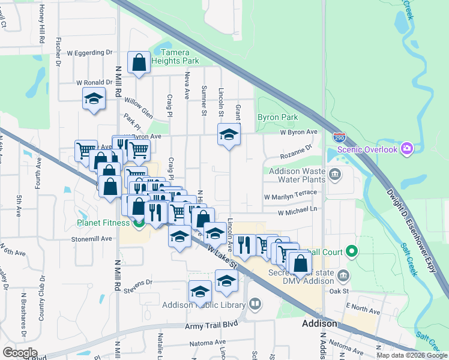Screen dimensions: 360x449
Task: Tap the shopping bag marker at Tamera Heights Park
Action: [139, 62]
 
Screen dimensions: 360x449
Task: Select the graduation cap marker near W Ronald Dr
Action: [94, 99]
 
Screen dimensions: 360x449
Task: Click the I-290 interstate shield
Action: [339, 137]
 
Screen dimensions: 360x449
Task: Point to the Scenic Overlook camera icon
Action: [408, 148]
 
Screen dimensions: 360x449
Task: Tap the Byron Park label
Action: [278, 117]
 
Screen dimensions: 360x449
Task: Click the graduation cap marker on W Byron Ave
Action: [229, 135]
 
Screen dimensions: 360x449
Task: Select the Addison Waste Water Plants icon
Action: [335, 175]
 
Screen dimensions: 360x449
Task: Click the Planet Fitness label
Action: [103, 223]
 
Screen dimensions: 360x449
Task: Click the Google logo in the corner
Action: [20, 352]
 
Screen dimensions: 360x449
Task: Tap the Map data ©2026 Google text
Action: [412, 355]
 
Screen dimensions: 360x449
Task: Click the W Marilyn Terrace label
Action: [290, 197]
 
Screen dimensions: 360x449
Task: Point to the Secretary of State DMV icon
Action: [343, 276]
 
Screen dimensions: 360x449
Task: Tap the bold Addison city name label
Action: [319, 323]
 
